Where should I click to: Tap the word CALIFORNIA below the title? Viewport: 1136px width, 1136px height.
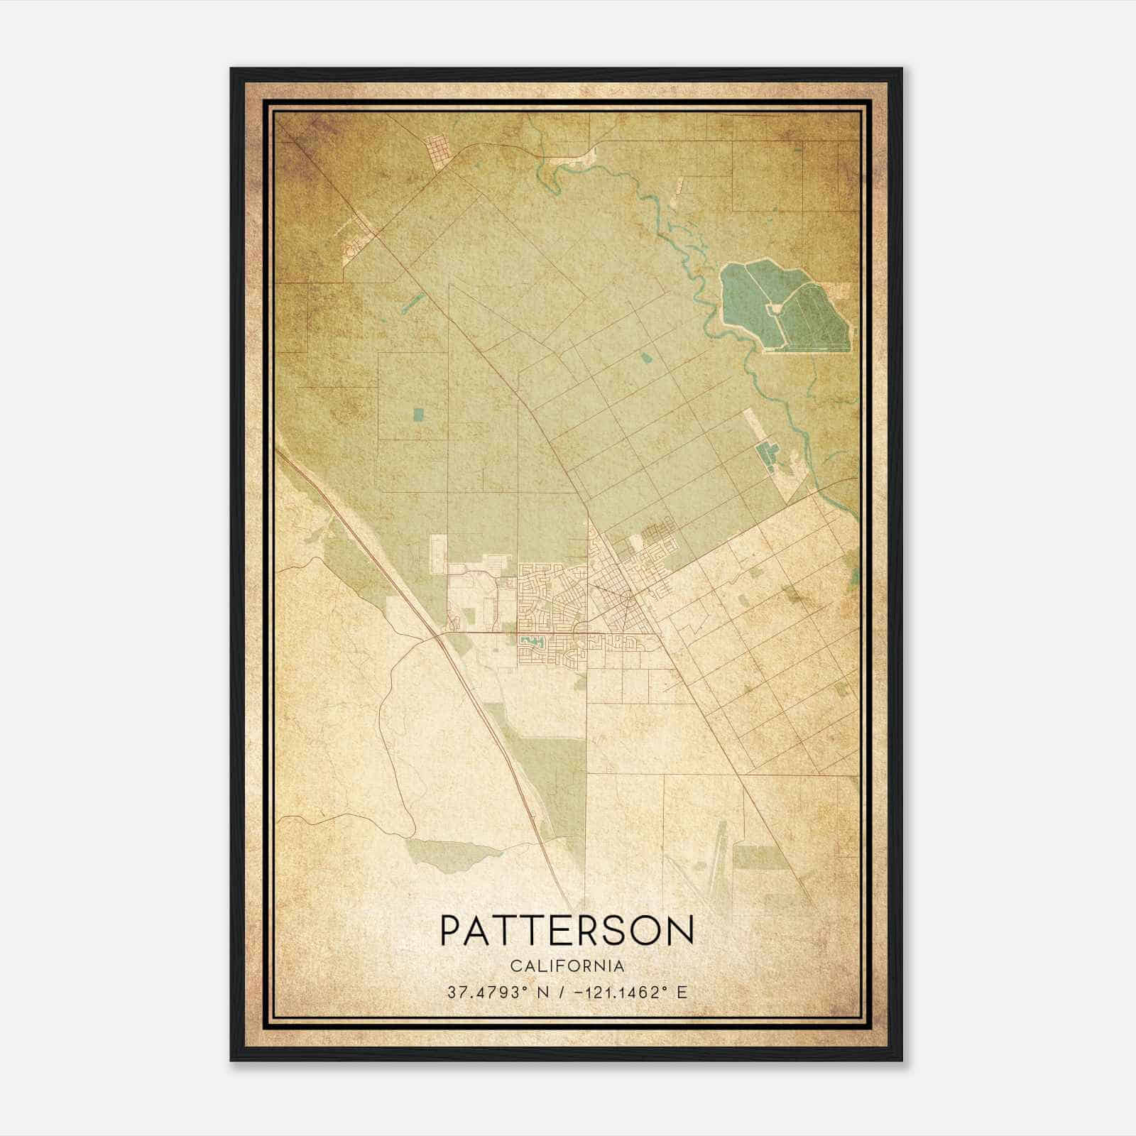[x=567, y=966]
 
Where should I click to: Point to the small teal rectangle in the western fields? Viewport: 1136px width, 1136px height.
[x=417, y=413]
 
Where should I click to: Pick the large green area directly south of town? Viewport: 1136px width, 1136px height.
[x=554, y=774]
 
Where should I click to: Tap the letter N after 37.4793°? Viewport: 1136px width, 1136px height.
[x=524, y=993]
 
